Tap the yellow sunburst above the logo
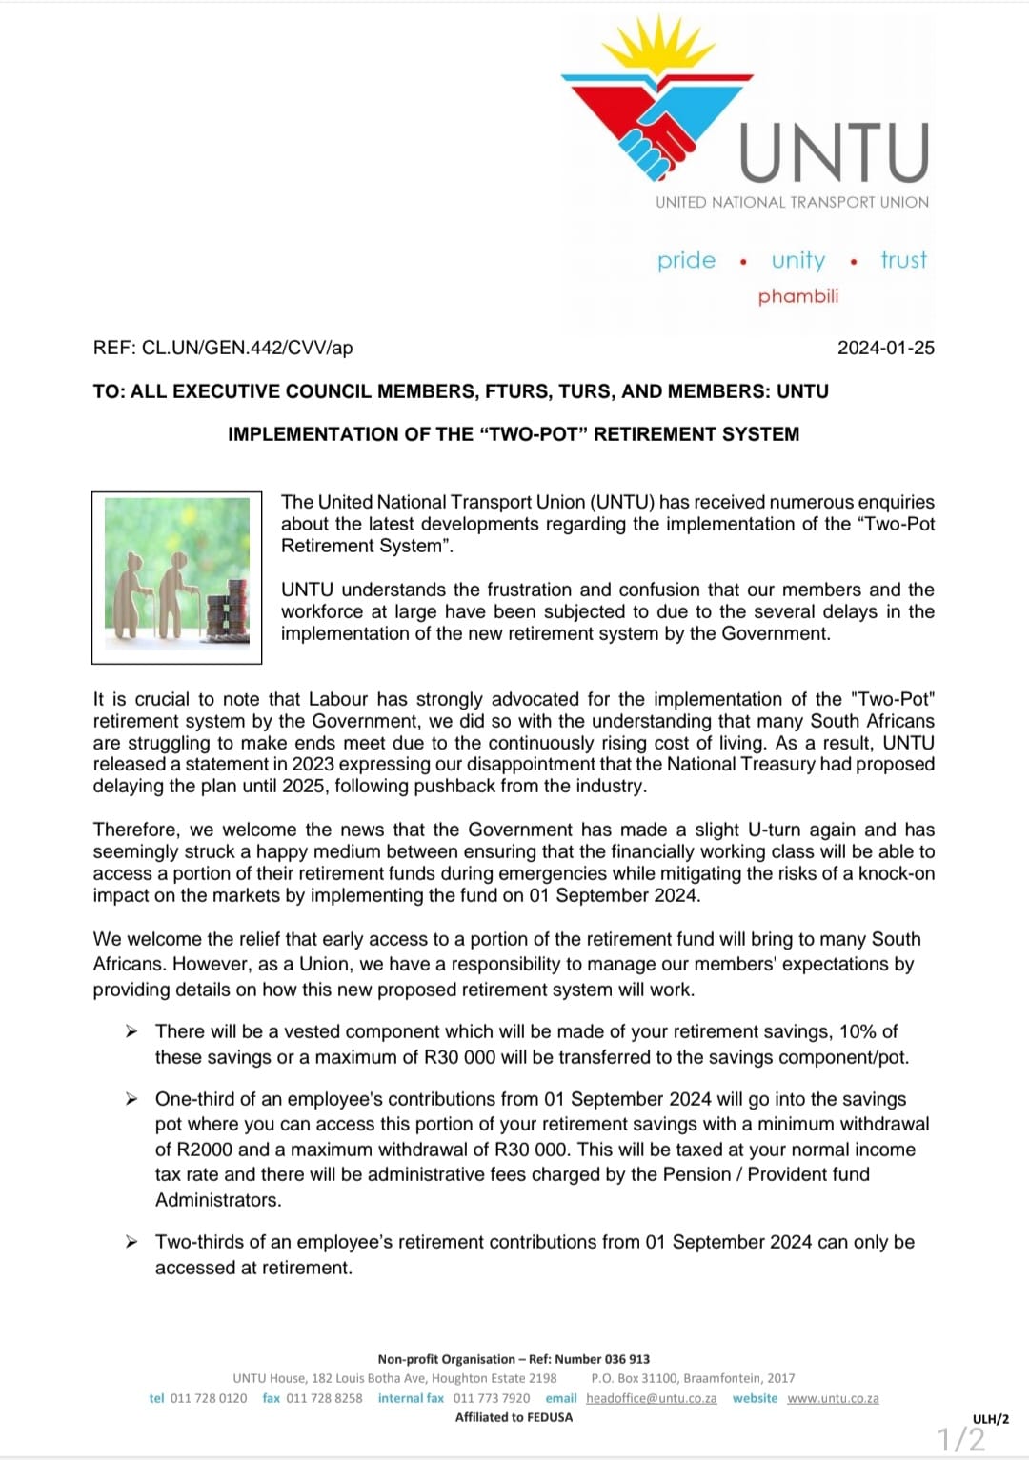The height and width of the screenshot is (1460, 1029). [x=658, y=49]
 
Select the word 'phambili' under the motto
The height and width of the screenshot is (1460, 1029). [x=798, y=296]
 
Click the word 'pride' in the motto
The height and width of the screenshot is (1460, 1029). [x=686, y=260]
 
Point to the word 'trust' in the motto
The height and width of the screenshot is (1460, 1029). [x=903, y=260]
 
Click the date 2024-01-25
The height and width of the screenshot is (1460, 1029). [x=885, y=348]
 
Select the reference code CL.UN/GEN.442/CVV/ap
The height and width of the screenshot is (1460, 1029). [x=247, y=348]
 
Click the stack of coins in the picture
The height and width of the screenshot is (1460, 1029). [x=226, y=610]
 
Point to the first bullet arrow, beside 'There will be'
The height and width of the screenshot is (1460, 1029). [x=132, y=1031]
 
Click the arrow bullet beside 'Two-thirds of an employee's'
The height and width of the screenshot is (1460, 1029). [x=132, y=1242]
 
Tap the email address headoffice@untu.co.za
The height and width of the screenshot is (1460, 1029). [x=651, y=1398]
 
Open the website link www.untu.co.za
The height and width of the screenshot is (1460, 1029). [x=833, y=1398]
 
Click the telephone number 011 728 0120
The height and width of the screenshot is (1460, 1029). [x=208, y=1398]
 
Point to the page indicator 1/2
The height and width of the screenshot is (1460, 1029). [x=961, y=1438]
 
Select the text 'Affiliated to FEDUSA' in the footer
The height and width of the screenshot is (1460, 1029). [x=514, y=1417]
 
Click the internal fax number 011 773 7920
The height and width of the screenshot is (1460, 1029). [x=492, y=1398]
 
